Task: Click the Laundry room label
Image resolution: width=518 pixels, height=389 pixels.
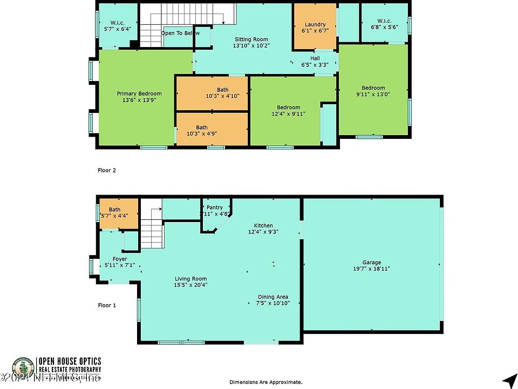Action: (315, 25)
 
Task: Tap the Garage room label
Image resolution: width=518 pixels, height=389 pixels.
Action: (372, 261)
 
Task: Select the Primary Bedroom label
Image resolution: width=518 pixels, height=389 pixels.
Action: (139, 93)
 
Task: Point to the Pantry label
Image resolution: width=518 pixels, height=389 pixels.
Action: (215, 207)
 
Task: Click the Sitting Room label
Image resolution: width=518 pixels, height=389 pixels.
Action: (251, 39)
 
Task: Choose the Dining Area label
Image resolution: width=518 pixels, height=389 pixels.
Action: (273, 297)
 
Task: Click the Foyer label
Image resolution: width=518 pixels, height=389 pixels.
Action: (120, 259)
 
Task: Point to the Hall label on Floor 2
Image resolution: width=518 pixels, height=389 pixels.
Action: (315, 58)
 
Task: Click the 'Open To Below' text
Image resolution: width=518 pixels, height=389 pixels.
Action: (176, 33)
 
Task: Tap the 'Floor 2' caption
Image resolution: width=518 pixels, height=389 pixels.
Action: (107, 170)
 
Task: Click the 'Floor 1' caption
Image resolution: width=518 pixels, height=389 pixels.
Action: (107, 305)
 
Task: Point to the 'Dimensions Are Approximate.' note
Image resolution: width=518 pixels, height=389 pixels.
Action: (265, 382)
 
